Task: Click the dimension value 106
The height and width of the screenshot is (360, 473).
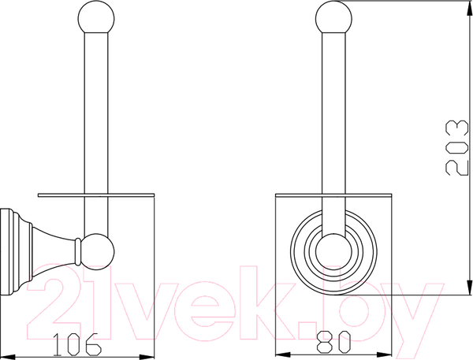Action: (x=77, y=344)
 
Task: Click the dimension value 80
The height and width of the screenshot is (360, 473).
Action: (x=334, y=342)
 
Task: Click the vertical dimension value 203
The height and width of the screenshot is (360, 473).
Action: (x=456, y=148)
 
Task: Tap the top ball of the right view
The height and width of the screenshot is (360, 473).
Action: (x=333, y=17)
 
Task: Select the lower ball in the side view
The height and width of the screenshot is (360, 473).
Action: (x=98, y=251)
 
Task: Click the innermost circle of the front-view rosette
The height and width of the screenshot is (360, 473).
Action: (x=333, y=251)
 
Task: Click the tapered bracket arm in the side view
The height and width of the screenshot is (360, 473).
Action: (x=54, y=251)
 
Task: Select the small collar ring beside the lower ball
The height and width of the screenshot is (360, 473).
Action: (x=78, y=251)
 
